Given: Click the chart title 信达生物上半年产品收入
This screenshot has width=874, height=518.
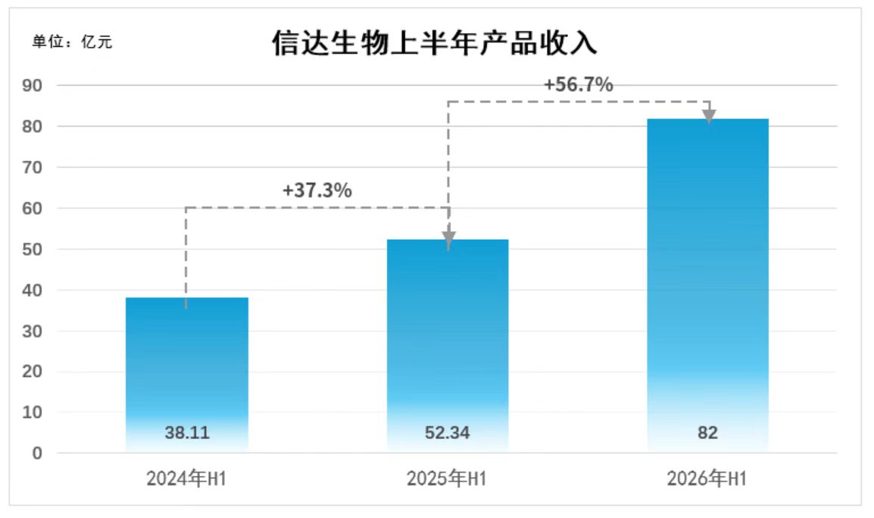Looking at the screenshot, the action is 434,43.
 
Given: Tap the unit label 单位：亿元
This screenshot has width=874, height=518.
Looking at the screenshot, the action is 73,42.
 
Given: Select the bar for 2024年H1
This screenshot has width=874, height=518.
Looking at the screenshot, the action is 187,375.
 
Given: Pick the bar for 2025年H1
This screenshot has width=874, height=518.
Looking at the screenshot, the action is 448,346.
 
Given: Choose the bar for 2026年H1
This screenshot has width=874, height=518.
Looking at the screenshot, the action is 708,285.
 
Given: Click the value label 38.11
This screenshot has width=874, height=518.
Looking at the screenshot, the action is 187,432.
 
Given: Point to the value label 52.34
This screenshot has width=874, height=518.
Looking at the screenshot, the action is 448,432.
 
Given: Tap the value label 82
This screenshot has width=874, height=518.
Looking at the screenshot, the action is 708,432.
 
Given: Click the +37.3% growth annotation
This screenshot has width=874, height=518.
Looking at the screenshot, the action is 317,190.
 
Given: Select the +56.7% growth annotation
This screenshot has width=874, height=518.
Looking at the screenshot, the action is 579,84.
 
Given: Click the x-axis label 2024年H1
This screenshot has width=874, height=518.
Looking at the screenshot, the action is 186,479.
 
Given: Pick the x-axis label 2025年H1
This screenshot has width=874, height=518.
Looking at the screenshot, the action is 447,479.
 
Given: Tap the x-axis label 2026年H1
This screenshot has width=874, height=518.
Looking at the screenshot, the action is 707,479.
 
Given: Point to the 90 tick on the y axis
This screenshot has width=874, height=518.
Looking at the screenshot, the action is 33,86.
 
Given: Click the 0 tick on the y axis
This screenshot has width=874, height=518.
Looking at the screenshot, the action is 37,454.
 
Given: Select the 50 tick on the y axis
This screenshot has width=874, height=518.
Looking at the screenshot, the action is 33,250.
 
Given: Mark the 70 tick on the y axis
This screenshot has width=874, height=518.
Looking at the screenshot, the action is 33,168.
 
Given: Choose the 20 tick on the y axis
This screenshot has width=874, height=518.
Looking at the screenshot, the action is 33,372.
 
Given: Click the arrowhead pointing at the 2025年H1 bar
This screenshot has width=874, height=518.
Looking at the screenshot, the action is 448,238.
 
